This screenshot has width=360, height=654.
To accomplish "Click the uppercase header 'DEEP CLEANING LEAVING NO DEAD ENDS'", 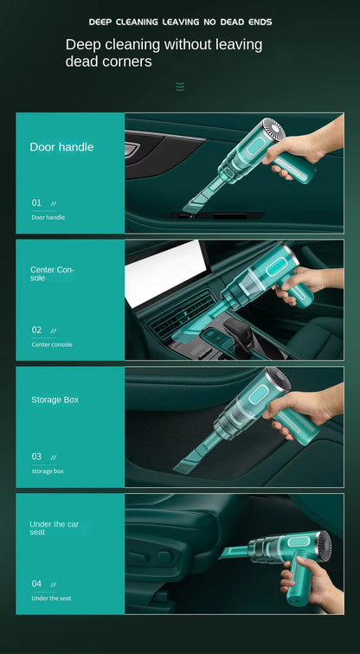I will pos(180,22).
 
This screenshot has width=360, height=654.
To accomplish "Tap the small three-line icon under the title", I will pos(180,87).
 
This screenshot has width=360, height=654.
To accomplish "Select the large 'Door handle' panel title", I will pos(61,147).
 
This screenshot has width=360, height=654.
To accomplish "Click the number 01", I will pos(36,202).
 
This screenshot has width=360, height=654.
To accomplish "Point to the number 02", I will pos(36,330).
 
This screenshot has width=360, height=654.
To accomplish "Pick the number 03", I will pos(36,456).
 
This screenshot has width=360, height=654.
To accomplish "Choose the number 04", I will pos(36,583).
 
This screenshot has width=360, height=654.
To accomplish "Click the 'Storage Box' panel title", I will pos(55,400).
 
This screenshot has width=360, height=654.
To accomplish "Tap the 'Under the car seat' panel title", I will pos(54,528).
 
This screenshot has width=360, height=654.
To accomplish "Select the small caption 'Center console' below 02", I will pos(52,344).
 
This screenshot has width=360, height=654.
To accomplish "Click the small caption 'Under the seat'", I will pos(51,598).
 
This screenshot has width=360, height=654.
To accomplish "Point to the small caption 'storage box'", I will pos(48,471).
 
